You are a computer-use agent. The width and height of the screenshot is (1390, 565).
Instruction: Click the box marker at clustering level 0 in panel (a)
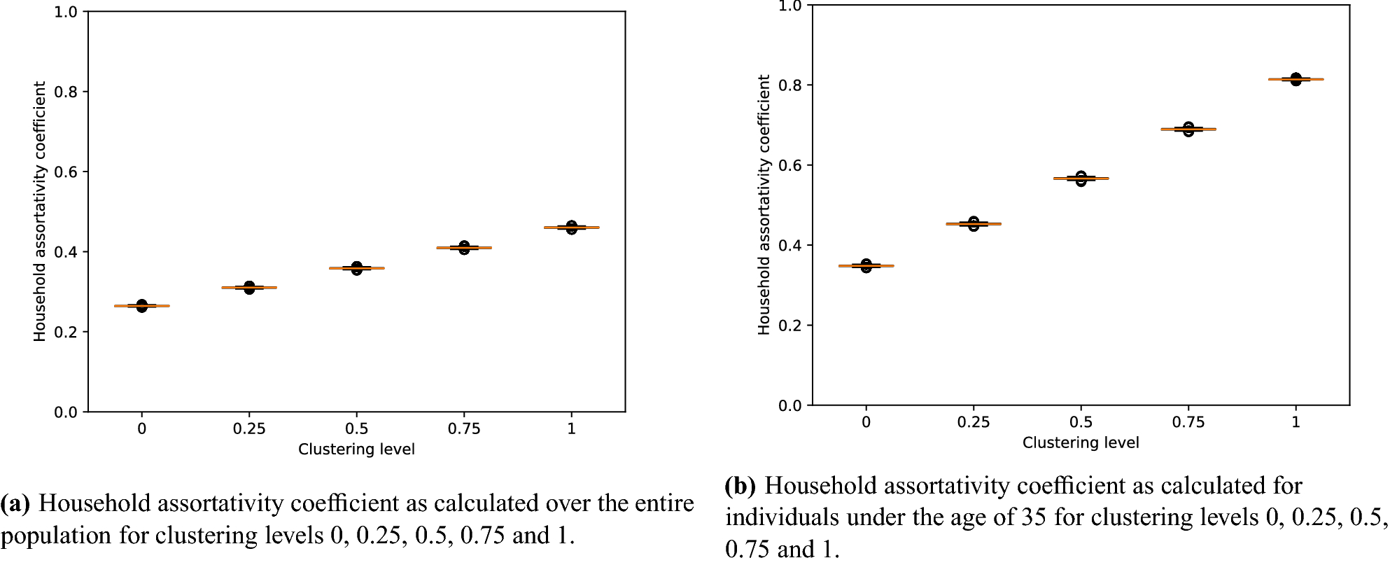(x=142, y=306)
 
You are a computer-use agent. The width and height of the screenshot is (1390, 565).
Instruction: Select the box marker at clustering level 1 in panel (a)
(x=572, y=228)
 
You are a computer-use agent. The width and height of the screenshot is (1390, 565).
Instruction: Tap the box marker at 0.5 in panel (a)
(x=357, y=268)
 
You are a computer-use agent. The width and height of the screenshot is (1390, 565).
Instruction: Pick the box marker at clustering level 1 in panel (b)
(x=1296, y=80)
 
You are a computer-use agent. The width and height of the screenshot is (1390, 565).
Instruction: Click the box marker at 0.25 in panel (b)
(x=974, y=224)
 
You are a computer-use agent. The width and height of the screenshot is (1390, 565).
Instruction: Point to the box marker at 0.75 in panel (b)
(x=1188, y=130)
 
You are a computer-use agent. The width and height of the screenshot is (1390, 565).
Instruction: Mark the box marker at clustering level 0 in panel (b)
(x=866, y=266)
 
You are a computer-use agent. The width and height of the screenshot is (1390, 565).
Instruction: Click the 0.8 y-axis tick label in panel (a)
(x=65, y=92)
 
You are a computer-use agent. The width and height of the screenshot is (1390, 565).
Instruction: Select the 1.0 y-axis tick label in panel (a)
(x=65, y=12)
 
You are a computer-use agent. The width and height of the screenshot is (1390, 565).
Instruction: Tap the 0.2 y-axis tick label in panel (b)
(x=789, y=326)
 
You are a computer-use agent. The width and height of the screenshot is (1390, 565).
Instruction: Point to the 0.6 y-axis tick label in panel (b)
(x=789, y=165)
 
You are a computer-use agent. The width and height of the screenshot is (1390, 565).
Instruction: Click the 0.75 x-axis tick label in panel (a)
(x=464, y=428)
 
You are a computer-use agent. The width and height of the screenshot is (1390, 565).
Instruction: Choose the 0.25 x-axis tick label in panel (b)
(x=974, y=422)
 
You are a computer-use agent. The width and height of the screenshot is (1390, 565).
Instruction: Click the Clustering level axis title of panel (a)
(x=356, y=449)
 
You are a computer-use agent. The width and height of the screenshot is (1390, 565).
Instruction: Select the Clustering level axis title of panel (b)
(x=1081, y=442)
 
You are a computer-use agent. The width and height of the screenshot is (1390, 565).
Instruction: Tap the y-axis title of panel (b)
(x=764, y=204)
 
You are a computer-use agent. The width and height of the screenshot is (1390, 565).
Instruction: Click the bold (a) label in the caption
(x=15, y=503)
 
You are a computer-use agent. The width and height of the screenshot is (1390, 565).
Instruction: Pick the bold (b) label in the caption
(x=740, y=486)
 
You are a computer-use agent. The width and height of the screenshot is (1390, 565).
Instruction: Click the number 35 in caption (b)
(x=1034, y=517)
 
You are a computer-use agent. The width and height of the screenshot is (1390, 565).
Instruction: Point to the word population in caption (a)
(x=56, y=536)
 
